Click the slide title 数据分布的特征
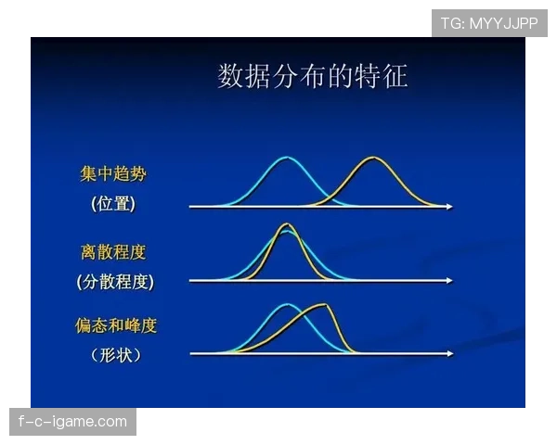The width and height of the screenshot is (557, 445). [x=312, y=77]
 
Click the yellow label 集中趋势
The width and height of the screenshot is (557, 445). [x=112, y=173]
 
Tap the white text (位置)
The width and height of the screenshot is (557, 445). [x=113, y=204]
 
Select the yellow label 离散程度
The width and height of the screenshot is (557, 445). [x=112, y=251]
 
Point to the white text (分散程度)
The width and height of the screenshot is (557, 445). [x=115, y=281]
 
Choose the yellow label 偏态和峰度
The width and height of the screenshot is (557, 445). [x=116, y=325]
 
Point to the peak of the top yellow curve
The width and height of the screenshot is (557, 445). [x=372, y=159]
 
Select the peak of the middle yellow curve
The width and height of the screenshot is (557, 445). [x=286, y=225]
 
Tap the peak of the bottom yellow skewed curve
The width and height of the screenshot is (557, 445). [x=323, y=305]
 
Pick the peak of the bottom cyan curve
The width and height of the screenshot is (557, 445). [x=288, y=305]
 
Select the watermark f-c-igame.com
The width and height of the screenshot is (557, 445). [x=73, y=422]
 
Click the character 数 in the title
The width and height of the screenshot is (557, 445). [x=231, y=77]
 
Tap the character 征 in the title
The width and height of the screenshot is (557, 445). [x=395, y=77]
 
